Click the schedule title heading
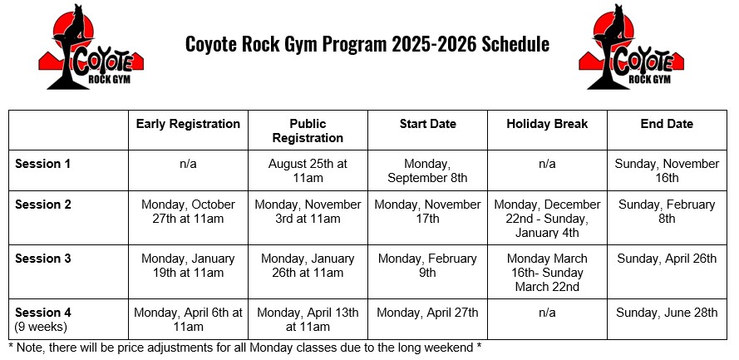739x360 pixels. coord(367,44)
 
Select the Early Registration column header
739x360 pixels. coord(188,124)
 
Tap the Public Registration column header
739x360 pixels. coord(308,131)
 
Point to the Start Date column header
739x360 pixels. coord(427,124)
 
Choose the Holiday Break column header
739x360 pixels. coord(547,124)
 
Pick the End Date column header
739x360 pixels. coord(667,124)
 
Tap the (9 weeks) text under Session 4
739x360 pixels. coord(42,326)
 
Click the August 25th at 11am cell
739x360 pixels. coord(308,170)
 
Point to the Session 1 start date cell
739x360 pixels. coord(427,170)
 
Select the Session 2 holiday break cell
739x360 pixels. coord(547,218)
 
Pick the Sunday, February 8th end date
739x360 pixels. coord(667,211)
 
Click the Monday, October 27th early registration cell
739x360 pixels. coord(188,211)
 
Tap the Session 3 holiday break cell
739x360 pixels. coord(547,273)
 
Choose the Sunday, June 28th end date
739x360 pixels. coord(667,313)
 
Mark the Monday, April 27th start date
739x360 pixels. coord(427,313)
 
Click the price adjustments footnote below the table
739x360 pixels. coord(244,347)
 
